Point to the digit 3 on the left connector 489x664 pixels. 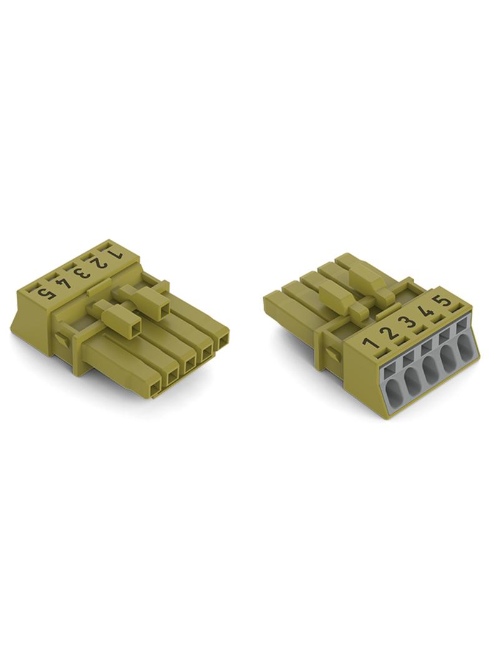[83, 271]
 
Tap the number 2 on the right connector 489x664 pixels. [390, 331]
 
